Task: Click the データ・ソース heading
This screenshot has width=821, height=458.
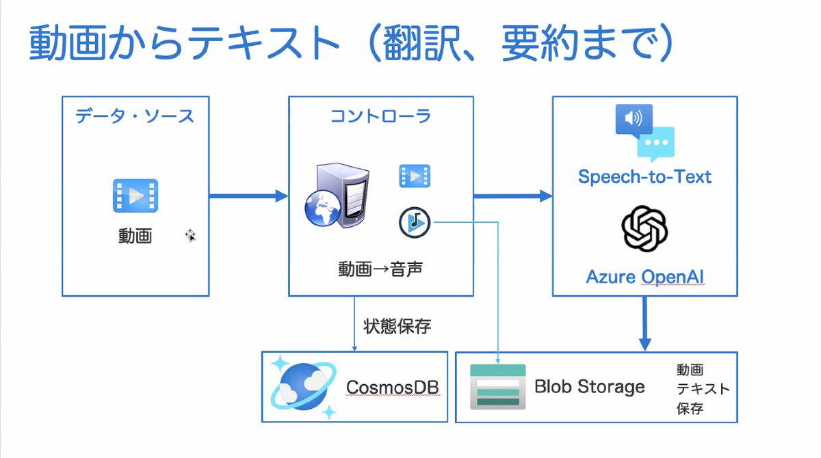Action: (x=135, y=116)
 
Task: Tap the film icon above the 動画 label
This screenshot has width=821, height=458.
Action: (x=135, y=196)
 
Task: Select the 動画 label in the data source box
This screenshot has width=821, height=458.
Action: (x=135, y=237)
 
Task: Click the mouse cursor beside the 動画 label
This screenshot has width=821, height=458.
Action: (x=191, y=236)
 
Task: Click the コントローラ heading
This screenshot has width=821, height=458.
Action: (x=380, y=116)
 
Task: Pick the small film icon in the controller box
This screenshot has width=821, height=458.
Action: (x=415, y=176)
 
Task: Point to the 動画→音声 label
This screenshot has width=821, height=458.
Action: (x=380, y=269)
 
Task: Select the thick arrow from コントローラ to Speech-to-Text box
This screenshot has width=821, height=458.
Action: (x=512, y=196)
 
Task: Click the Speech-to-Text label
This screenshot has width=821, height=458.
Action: (x=644, y=177)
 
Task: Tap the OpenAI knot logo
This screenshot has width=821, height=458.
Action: (x=644, y=230)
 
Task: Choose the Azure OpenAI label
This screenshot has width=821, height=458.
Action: (x=644, y=277)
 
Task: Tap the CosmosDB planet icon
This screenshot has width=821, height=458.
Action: (x=302, y=388)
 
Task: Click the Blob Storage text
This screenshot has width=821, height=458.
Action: (x=589, y=387)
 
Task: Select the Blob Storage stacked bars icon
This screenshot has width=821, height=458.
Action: (x=497, y=387)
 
